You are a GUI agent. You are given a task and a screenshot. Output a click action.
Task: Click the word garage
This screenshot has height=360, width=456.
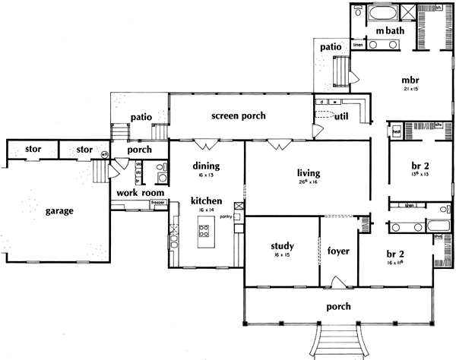(59, 210)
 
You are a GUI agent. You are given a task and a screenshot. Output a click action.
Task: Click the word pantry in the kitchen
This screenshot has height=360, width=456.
(225, 216)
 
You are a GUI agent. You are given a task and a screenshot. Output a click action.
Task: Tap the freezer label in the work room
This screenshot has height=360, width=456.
(157, 203)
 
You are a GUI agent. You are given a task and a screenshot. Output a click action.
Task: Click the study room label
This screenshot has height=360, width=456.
(283, 246)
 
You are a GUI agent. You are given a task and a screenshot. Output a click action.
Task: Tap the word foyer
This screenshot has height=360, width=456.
(337, 249)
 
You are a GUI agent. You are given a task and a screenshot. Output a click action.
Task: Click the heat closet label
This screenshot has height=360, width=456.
(396, 130)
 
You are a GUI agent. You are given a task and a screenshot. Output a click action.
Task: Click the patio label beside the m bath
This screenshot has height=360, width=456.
(330, 46)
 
